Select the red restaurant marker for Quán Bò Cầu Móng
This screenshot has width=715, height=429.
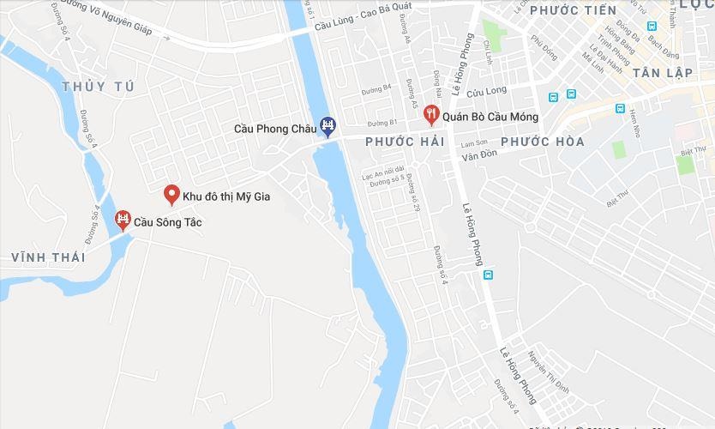[x=431, y=112]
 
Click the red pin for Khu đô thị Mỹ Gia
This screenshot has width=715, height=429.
[x=171, y=195]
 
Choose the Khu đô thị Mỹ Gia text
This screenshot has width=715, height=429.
[x=226, y=196]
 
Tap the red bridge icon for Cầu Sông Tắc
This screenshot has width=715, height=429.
[x=123, y=221]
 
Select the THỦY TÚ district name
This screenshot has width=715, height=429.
[x=99, y=86]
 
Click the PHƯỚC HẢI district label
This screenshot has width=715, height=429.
[x=405, y=142]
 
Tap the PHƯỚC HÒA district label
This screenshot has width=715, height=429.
[x=543, y=142]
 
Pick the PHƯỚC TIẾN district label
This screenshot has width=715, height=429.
[x=573, y=10]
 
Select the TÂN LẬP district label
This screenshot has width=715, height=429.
[x=662, y=73]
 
